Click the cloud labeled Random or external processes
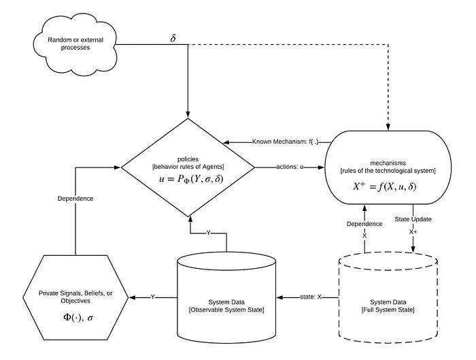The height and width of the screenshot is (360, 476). (x=75, y=44)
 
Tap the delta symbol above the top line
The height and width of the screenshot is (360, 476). (x=173, y=38)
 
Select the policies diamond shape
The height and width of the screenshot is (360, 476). (x=188, y=167)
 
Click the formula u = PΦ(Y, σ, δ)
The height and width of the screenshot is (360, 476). (x=191, y=179)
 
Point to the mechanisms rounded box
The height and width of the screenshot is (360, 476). (x=388, y=167)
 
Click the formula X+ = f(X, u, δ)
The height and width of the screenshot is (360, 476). (x=385, y=186)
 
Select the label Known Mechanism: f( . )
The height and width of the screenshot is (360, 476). (x=286, y=142)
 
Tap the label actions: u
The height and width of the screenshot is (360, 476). (x=290, y=167)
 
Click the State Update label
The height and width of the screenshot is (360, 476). (x=413, y=219)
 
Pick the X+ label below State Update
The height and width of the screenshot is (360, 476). (x=413, y=232)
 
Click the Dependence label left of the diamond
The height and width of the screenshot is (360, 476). (x=75, y=199)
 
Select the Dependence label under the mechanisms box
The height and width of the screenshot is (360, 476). (x=364, y=224)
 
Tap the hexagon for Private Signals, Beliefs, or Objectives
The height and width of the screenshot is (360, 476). (x=75, y=297)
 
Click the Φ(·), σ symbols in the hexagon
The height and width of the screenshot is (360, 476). (x=78, y=318)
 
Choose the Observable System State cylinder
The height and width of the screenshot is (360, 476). (x=226, y=297)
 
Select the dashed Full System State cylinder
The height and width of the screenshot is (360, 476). (x=388, y=297)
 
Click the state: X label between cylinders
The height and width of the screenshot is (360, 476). (x=311, y=297)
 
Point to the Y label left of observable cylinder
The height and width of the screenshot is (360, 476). (x=153, y=297)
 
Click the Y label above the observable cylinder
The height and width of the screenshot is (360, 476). (x=208, y=233)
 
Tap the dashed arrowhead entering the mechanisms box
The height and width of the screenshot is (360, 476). (x=388, y=127)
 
